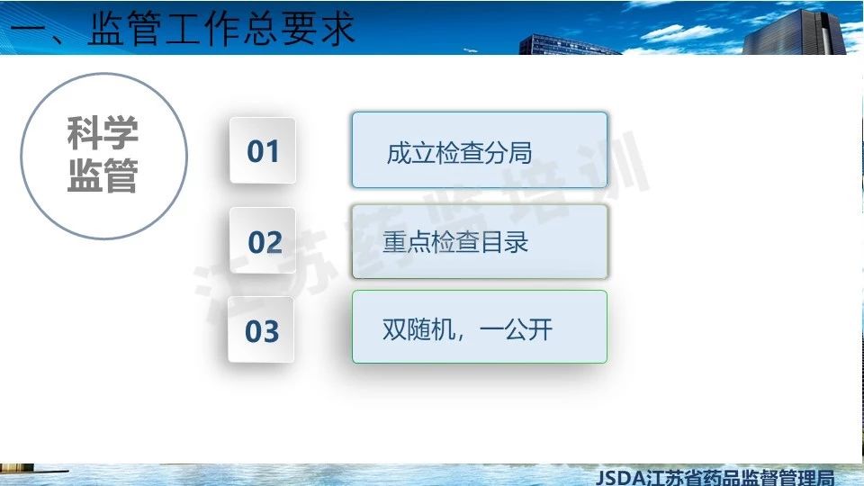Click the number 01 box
point(262,150)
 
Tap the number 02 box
point(262,240)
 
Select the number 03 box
point(261,329)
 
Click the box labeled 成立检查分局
point(480,150)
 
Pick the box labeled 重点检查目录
point(480,241)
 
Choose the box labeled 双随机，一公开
point(480,327)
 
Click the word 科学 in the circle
point(103,133)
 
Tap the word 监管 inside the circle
point(103,175)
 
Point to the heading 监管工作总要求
point(221,28)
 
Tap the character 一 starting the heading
point(28,29)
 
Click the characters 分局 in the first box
point(508,153)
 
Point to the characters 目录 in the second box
point(505,242)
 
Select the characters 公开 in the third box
point(529,329)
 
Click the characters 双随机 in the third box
point(418,329)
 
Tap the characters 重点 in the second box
point(407,242)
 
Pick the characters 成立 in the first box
point(410,153)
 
